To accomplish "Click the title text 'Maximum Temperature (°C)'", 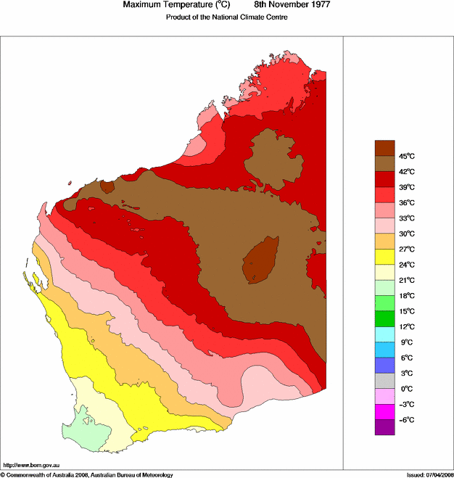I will click(x=176, y=5).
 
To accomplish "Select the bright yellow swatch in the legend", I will click(x=384, y=257).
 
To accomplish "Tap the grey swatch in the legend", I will click(x=384, y=381).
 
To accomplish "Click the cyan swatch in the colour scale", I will click(x=384, y=334).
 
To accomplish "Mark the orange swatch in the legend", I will click(x=384, y=241).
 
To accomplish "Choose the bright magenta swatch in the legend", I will click(x=384, y=412).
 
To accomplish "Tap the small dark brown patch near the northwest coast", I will click(x=107, y=187).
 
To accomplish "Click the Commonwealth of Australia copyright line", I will click(x=87, y=474).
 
